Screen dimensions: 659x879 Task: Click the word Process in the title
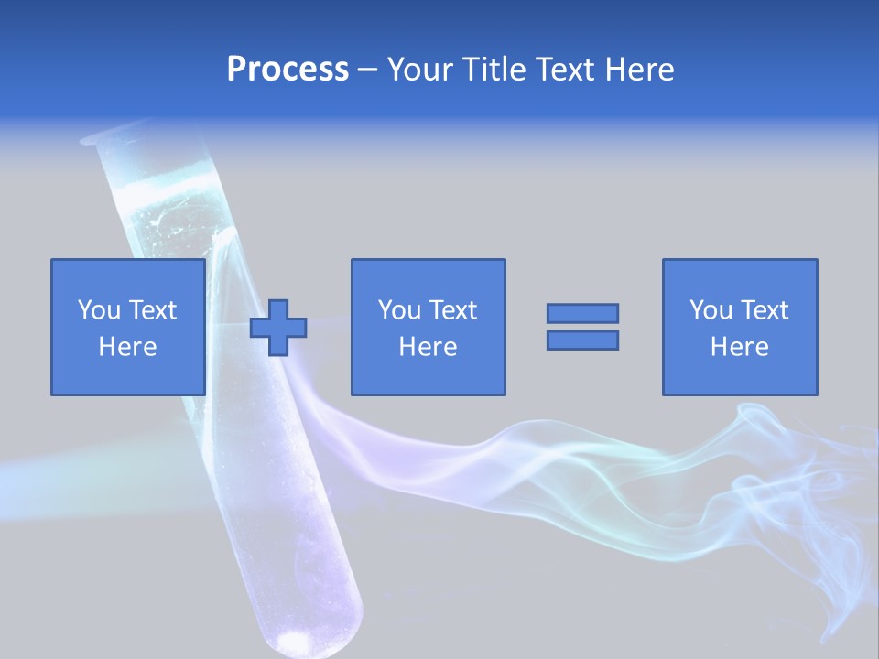[x=288, y=70]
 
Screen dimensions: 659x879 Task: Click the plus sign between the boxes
[x=278, y=328]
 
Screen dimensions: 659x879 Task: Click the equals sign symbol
[x=582, y=327]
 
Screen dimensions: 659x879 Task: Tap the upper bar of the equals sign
[x=582, y=314]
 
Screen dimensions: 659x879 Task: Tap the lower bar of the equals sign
[x=582, y=340]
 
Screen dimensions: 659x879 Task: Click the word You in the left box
[x=98, y=310]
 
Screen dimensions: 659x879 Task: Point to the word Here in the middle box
[x=428, y=347]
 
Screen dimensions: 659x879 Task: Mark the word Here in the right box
[x=739, y=347]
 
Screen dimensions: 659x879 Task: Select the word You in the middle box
[x=398, y=310]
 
